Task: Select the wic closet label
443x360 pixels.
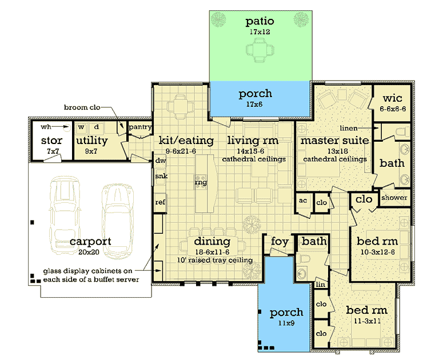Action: [393, 98]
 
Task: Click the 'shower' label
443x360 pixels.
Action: [394, 198]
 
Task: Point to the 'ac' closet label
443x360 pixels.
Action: [302, 202]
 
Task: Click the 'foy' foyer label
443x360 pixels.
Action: [280, 241]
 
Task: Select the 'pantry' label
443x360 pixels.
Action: [139, 126]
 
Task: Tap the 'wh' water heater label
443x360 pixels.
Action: [46, 127]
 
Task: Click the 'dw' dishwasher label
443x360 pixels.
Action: [160, 161]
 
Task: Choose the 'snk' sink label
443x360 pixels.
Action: [161, 177]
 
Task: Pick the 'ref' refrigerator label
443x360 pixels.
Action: [160, 202]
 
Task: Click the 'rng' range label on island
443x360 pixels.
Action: [201, 183]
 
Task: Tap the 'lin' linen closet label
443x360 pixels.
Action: [320, 284]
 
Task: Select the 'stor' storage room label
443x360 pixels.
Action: [51, 141]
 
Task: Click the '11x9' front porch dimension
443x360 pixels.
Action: [287, 324]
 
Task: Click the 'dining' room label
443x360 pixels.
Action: [211, 241]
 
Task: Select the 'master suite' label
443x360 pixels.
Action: [334, 140]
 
